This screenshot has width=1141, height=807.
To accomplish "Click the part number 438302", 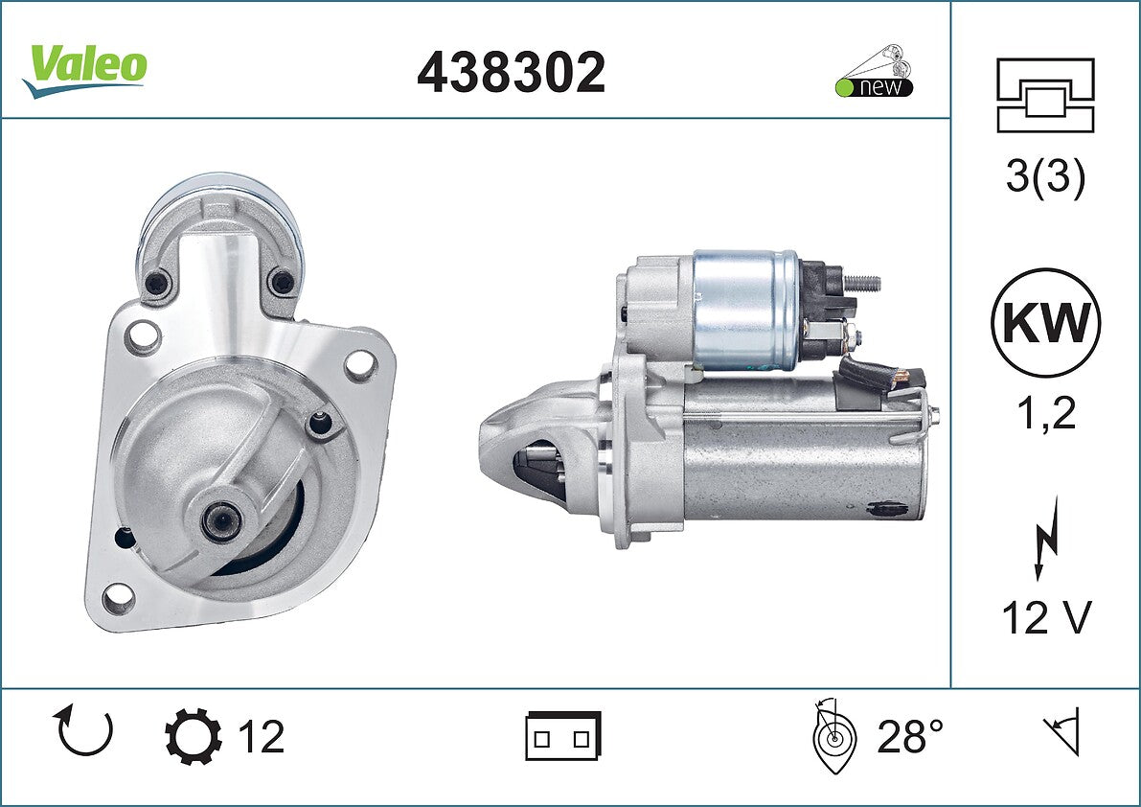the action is click(x=511, y=72).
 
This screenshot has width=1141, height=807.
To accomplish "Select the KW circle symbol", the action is click(x=1045, y=323).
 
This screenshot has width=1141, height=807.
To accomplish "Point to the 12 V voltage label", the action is click(x=1046, y=617).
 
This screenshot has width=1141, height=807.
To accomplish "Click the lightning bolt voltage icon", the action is click(x=1046, y=538).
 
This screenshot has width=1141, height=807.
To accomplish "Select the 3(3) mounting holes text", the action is click(x=1045, y=175).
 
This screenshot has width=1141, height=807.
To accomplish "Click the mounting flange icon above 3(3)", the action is click(x=1045, y=95).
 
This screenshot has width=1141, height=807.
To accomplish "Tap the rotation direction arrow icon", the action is click(x=83, y=730).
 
